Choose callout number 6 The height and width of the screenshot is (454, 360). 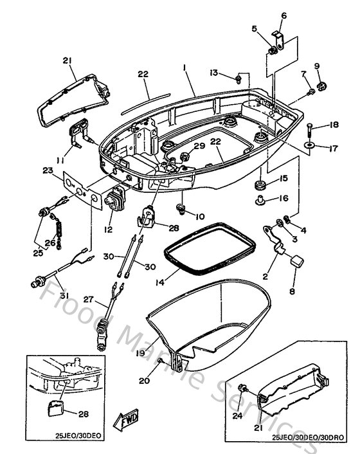tap(283, 15)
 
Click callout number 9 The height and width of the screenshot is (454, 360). tap(317, 66)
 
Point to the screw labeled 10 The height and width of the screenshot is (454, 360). tap(183, 209)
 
